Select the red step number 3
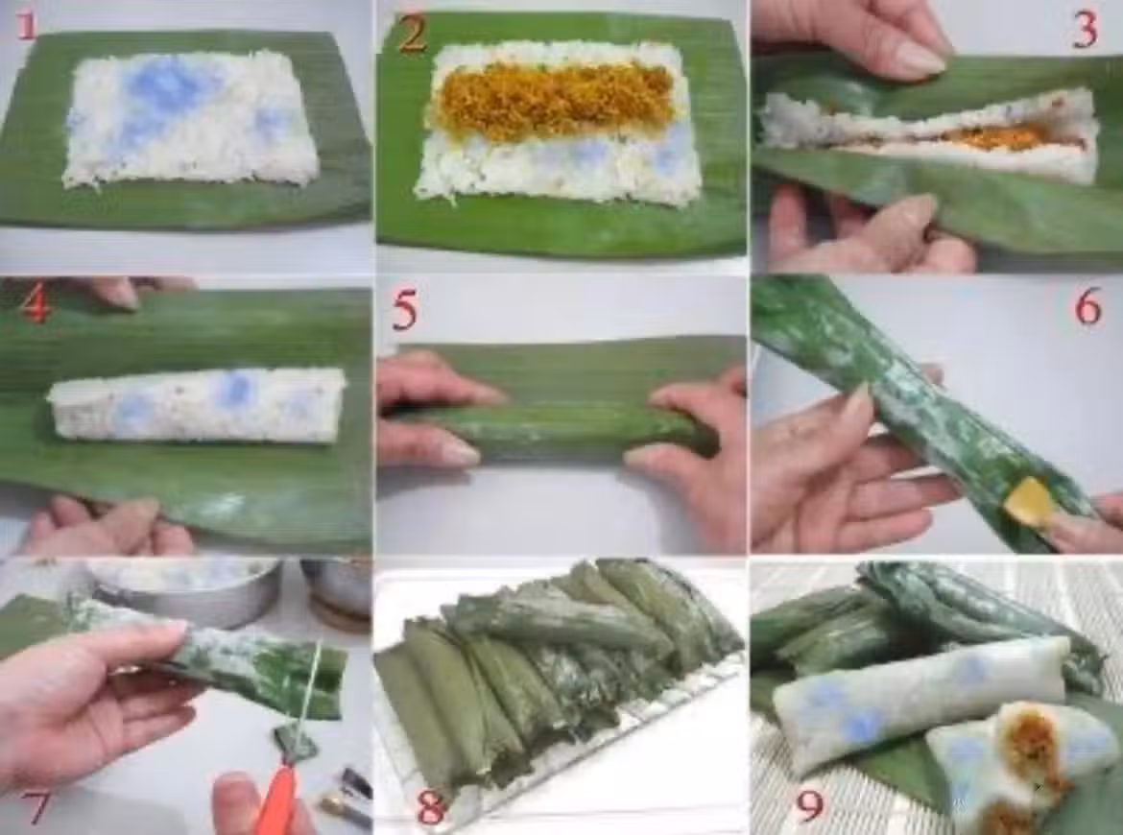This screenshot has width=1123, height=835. pos(1085,31)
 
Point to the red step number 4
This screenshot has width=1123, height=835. pos(35,306)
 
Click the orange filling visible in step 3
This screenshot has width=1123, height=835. pos(989,137)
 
